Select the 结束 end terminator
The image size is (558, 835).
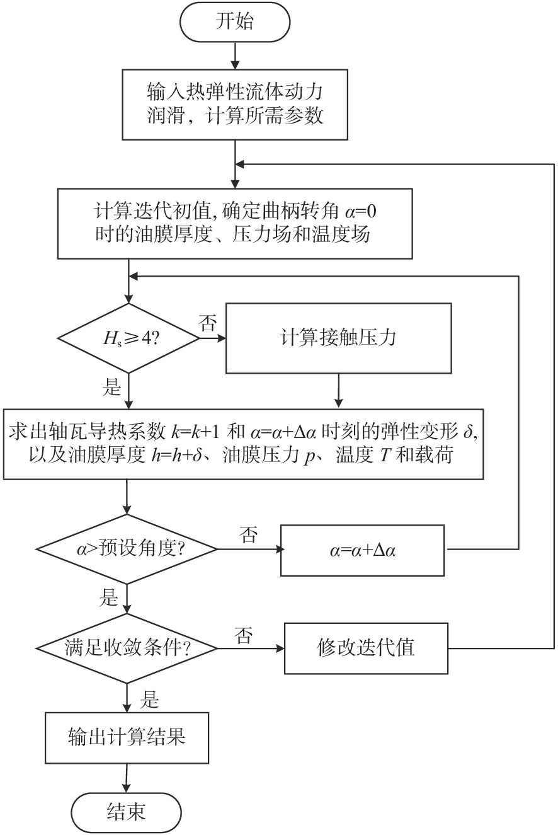point(127,810)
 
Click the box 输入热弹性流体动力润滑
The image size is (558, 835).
point(235,104)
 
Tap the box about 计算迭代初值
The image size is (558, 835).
point(235,223)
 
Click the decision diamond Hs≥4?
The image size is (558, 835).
point(128,339)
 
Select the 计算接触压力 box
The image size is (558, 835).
point(339,338)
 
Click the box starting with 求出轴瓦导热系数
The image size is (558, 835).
point(243,444)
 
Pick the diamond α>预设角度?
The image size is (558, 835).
point(128,550)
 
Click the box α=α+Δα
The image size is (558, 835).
point(363,550)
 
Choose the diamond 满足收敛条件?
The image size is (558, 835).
point(128,648)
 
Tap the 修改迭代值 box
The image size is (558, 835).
point(366,648)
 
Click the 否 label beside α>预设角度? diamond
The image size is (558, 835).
point(248,536)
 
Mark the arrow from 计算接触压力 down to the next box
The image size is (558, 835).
point(339,390)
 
